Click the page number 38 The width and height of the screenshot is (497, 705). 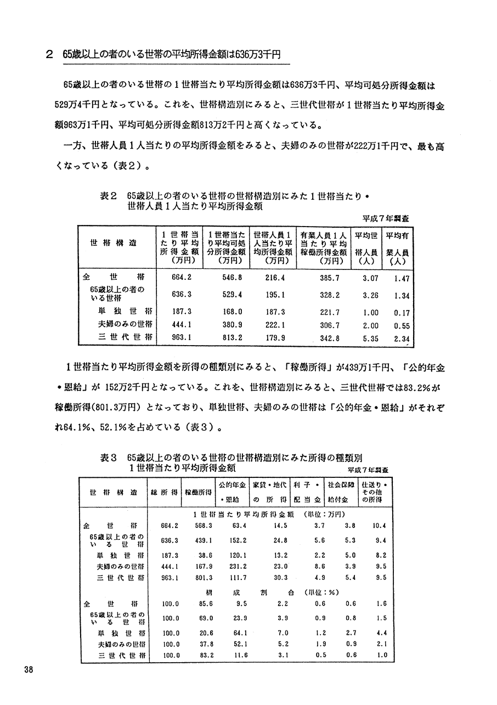(x=29, y=668)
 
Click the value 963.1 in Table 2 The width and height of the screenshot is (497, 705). (x=181, y=339)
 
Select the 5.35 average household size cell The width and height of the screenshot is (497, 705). (x=371, y=339)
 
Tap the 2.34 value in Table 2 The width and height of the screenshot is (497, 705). (x=402, y=339)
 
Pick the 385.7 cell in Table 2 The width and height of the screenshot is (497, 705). (x=330, y=278)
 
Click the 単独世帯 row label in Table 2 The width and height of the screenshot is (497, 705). (x=125, y=311)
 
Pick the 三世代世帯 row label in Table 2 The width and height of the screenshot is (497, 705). (x=125, y=339)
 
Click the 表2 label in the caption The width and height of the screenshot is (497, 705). (x=109, y=195)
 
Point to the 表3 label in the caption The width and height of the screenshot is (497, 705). (x=109, y=457)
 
